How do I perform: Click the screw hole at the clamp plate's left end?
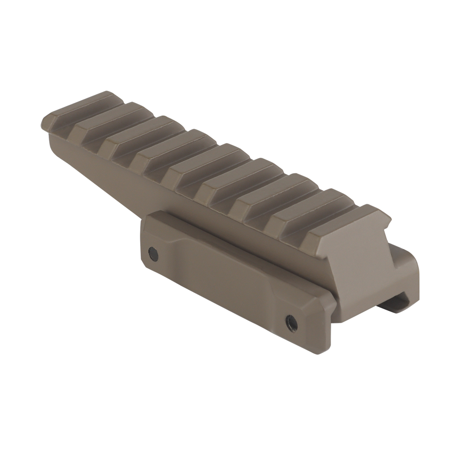[x=152, y=252]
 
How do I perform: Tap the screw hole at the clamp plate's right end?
[x=290, y=318]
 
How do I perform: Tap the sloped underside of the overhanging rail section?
[x=92, y=161]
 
